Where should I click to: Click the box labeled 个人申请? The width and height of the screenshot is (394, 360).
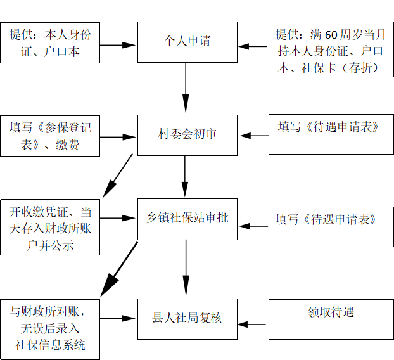tap(187, 42)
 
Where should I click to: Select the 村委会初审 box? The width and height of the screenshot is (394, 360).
tap(187, 135)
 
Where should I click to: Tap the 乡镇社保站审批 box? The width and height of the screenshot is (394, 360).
tap(187, 219)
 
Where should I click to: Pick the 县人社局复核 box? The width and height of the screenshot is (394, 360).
tap(187, 319)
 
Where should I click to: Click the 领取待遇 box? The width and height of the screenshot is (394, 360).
tap(331, 319)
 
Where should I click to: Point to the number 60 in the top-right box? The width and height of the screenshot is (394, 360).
tap(331, 35)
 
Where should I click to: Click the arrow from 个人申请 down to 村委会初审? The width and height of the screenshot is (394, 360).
tap(186, 87)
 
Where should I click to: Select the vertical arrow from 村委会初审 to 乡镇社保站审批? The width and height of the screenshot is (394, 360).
tap(185, 176)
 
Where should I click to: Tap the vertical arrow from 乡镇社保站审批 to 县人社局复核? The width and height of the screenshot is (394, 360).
tap(186, 268)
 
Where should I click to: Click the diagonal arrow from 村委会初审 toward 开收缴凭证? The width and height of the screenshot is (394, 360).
tap(118, 176)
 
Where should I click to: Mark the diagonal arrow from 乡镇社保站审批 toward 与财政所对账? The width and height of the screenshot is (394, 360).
tap(119, 269)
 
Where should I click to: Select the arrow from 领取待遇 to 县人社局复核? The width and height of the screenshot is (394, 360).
tap(251, 325)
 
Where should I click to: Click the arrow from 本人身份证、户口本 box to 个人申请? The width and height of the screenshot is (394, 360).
tap(118, 45)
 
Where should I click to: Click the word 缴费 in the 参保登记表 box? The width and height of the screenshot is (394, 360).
tap(67, 145)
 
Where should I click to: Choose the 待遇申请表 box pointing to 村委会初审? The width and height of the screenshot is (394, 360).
tap(331, 134)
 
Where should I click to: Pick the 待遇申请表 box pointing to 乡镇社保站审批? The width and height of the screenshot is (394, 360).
tap(331, 227)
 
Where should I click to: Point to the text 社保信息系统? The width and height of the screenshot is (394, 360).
tap(50, 345)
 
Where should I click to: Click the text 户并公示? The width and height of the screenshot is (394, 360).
tap(50, 245)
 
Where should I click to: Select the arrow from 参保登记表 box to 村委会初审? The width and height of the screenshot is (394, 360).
tap(118, 137)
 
